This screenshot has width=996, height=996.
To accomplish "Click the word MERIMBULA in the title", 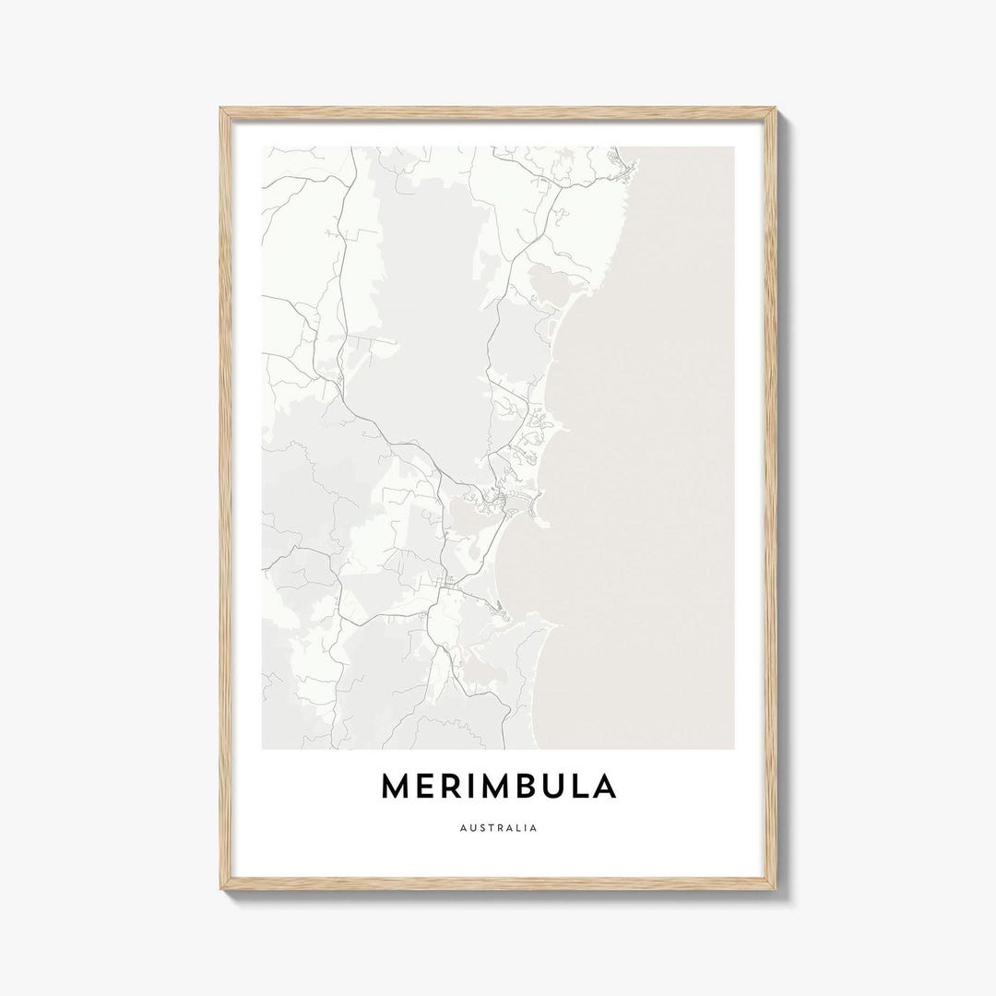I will (x=498, y=786).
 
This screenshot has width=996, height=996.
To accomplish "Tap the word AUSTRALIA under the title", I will (x=498, y=828).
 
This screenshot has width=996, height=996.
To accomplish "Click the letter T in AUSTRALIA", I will (x=489, y=828).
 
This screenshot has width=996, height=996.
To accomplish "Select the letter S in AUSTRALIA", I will (x=479, y=828).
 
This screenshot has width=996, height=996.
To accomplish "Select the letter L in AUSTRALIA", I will (x=518, y=828).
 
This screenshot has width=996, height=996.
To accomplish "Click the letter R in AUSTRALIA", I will (x=498, y=828).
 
